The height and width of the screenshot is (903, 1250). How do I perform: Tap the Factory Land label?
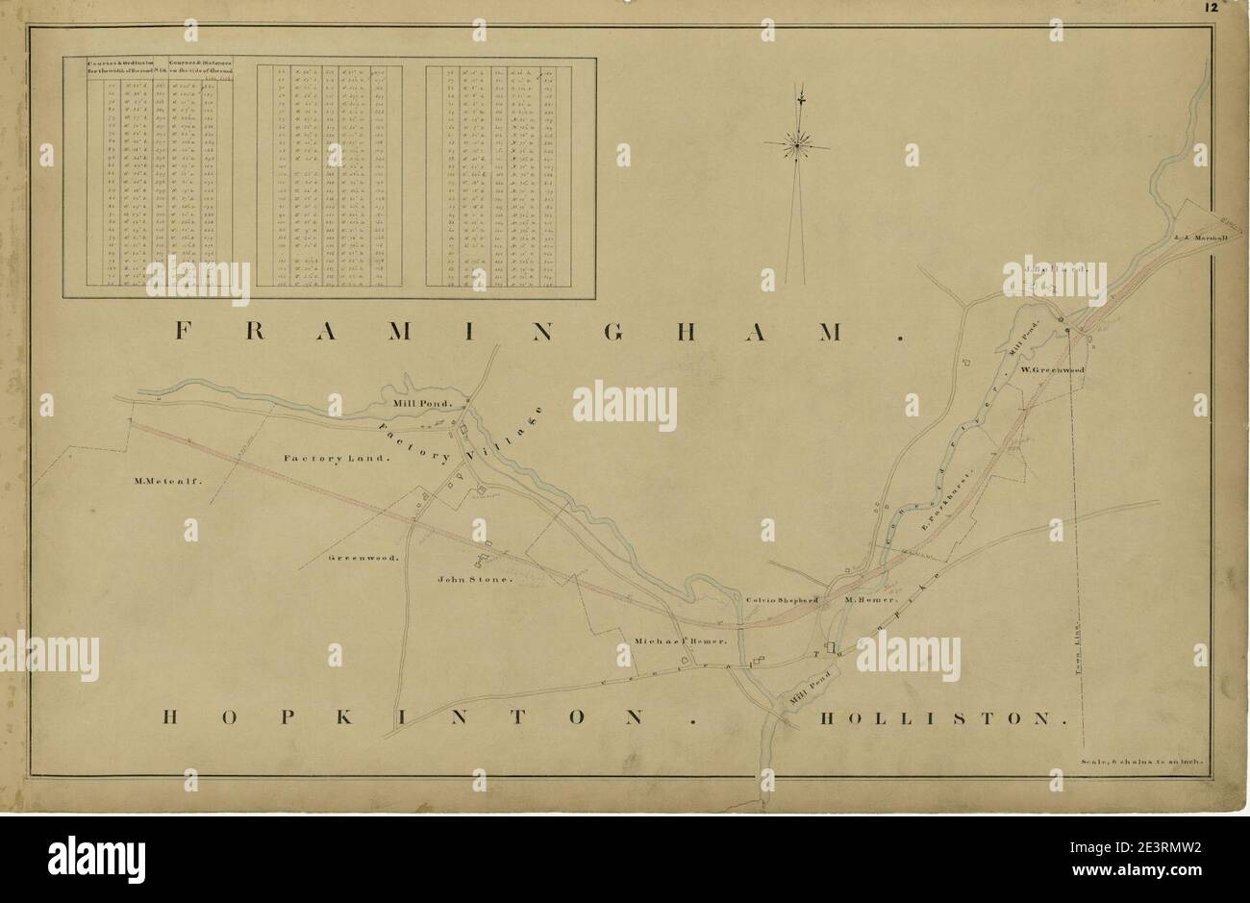tap(337, 460)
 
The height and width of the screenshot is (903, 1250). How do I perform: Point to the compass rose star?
tap(797, 145)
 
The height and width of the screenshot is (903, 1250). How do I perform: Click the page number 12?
tap(1210, 8)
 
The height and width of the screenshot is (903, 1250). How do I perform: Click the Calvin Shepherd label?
tap(782, 599)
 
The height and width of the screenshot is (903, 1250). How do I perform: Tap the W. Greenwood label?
tap(1053, 369)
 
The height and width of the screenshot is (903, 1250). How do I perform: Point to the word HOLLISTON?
tap(943, 718)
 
